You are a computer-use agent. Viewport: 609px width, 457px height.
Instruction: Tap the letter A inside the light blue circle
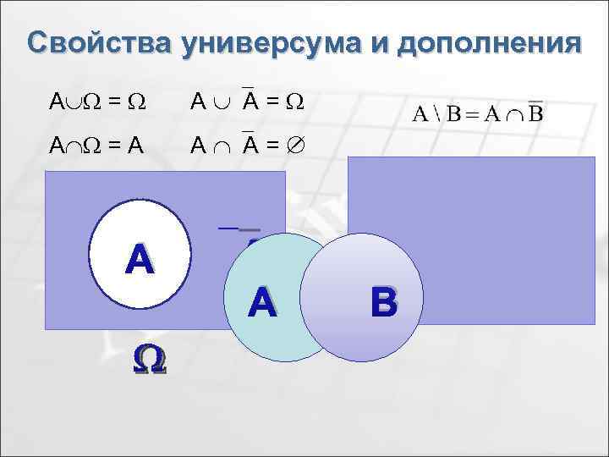tap(262, 303)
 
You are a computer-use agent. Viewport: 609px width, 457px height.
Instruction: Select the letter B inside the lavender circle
tap(383, 301)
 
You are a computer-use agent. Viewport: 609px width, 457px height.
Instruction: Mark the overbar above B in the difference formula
tap(535, 102)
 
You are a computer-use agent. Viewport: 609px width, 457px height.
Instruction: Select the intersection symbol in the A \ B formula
tap(513, 115)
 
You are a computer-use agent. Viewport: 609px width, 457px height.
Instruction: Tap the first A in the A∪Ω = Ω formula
tap(55, 103)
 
